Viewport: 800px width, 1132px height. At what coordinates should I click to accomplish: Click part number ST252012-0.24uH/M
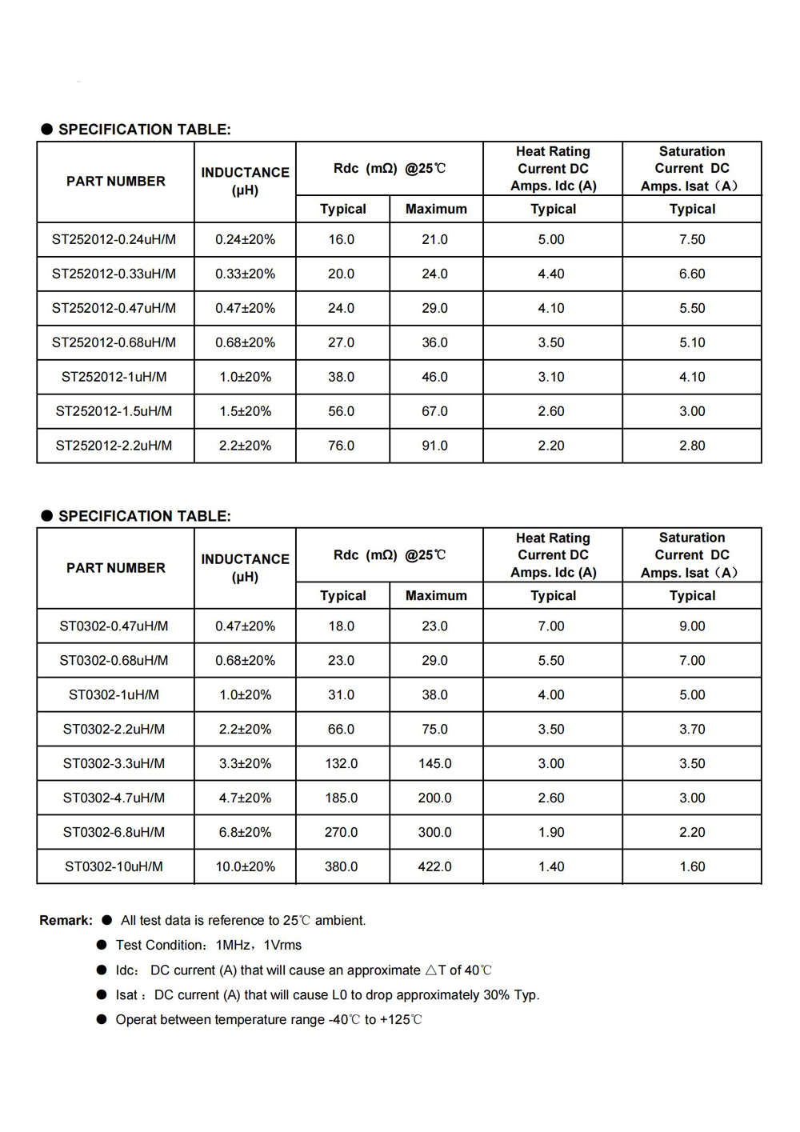point(114,239)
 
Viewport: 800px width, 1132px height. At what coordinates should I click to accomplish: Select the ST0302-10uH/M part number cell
point(114,866)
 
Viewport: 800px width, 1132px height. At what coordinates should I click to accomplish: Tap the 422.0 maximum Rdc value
point(434,866)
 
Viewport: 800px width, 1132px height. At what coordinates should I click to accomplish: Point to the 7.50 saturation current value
point(692,239)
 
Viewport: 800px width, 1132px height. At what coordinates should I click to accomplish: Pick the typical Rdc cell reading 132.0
point(341,763)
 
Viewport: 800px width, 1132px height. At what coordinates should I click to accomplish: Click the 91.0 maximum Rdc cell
point(434,446)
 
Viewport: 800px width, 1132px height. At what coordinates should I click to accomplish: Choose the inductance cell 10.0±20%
point(245,866)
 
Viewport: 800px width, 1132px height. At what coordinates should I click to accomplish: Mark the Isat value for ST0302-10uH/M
point(692,866)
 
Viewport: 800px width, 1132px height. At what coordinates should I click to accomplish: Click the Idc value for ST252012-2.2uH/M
point(551,446)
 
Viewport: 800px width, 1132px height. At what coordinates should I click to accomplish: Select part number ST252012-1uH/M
point(114,377)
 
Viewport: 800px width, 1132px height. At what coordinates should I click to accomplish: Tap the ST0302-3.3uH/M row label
point(114,763)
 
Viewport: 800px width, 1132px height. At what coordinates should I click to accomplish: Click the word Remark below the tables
point(66,921)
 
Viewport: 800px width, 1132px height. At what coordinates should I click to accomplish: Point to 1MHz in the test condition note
point(233,946)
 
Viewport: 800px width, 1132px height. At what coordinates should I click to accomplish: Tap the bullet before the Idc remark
point(102,970)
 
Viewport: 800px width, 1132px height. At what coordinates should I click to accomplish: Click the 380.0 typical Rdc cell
point(341,866)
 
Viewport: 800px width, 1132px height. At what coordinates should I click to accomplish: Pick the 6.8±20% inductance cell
point(245,832)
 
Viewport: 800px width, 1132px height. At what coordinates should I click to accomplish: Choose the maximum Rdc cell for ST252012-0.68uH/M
point(434,342)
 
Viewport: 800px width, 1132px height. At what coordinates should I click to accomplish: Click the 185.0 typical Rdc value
point(341,798)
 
